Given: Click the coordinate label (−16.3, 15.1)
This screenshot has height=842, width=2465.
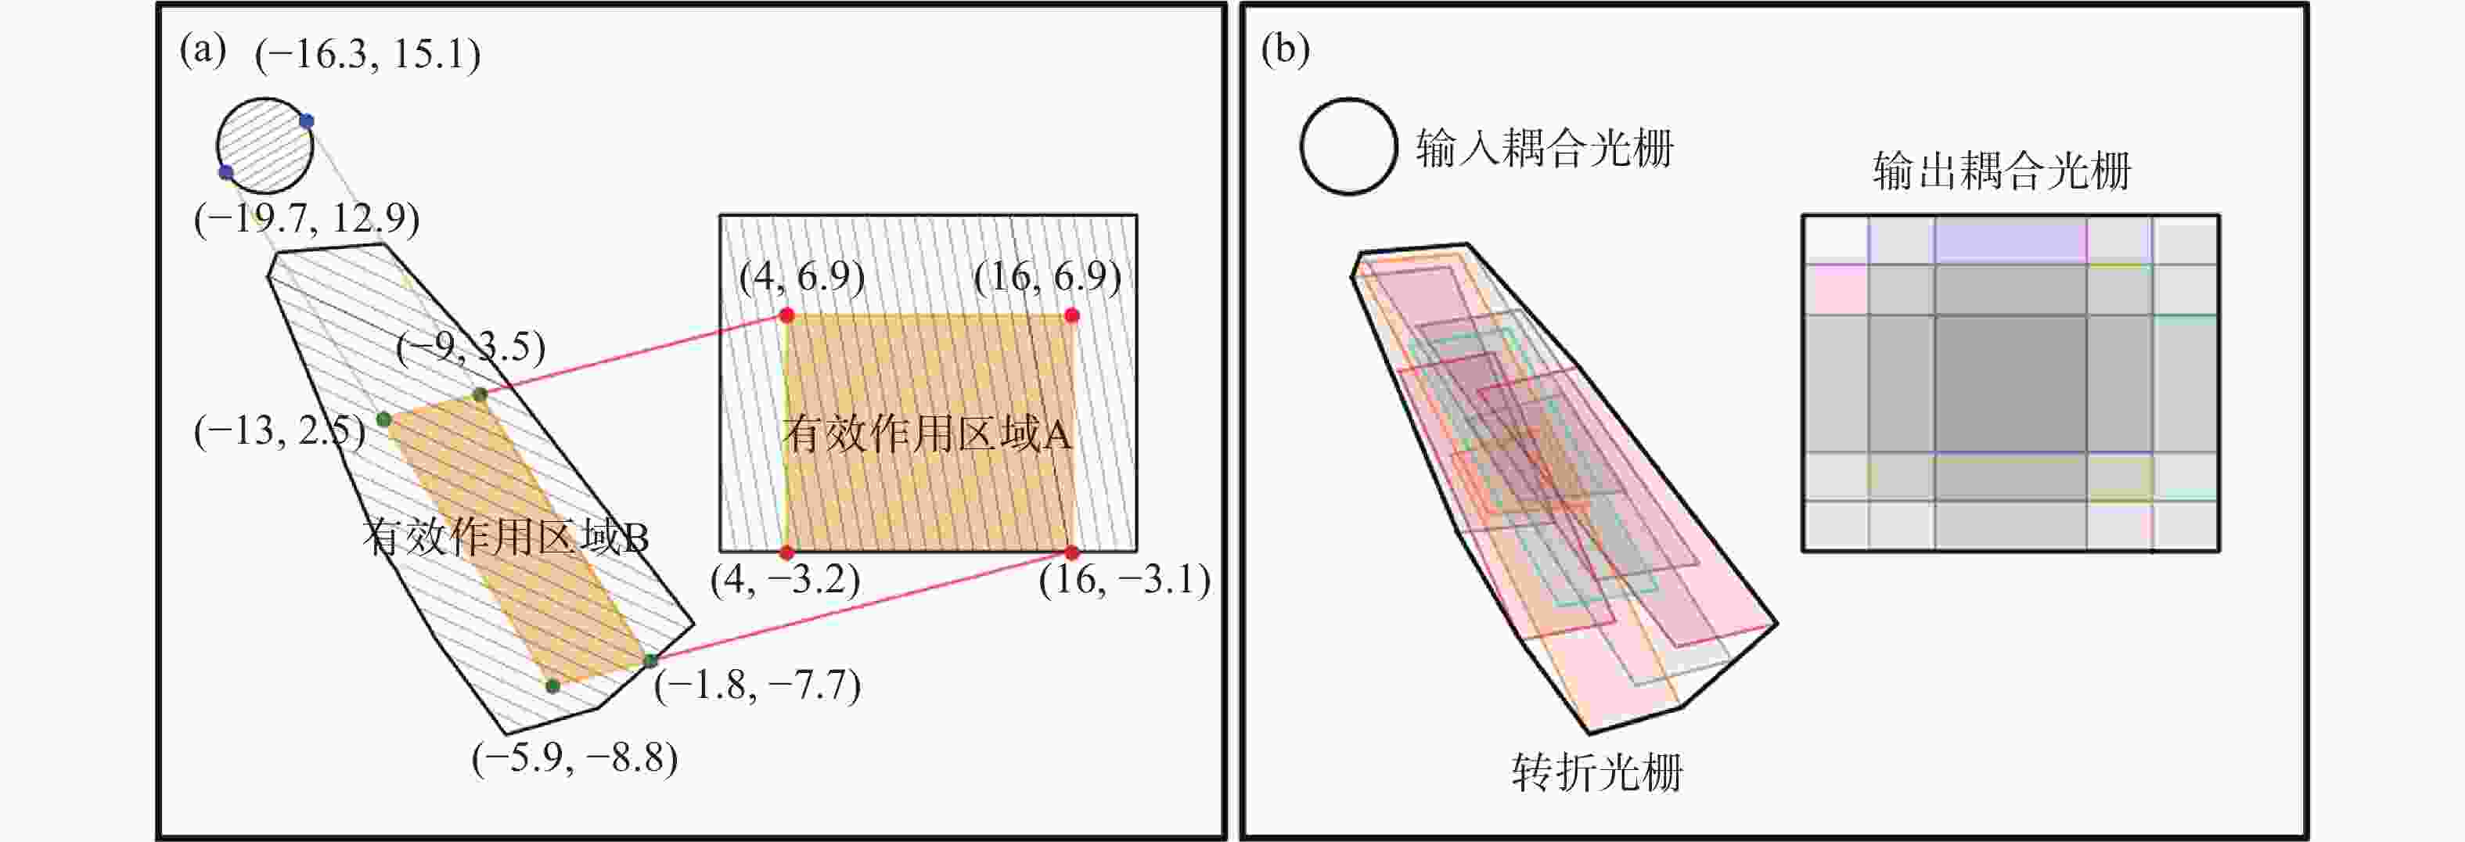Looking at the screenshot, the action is pos(368,55).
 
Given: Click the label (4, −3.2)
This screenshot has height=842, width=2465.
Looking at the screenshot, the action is pos(785,580).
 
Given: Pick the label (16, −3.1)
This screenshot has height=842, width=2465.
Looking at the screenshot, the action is pos(1125,580).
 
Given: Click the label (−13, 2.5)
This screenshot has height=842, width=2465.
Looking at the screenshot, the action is pos(279,431).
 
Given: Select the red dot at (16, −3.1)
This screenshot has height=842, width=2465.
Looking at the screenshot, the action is pos(1072,553).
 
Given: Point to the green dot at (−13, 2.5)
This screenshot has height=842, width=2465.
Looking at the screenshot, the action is pos(383,419).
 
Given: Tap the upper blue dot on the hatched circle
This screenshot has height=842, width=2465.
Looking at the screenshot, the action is pos(306,121).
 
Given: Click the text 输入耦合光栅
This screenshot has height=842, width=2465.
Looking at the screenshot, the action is pos(1545,149).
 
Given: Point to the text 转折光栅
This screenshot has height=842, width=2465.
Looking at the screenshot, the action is pos(1597,772).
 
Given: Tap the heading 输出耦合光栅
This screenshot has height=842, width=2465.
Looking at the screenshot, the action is pos(2002,172).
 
